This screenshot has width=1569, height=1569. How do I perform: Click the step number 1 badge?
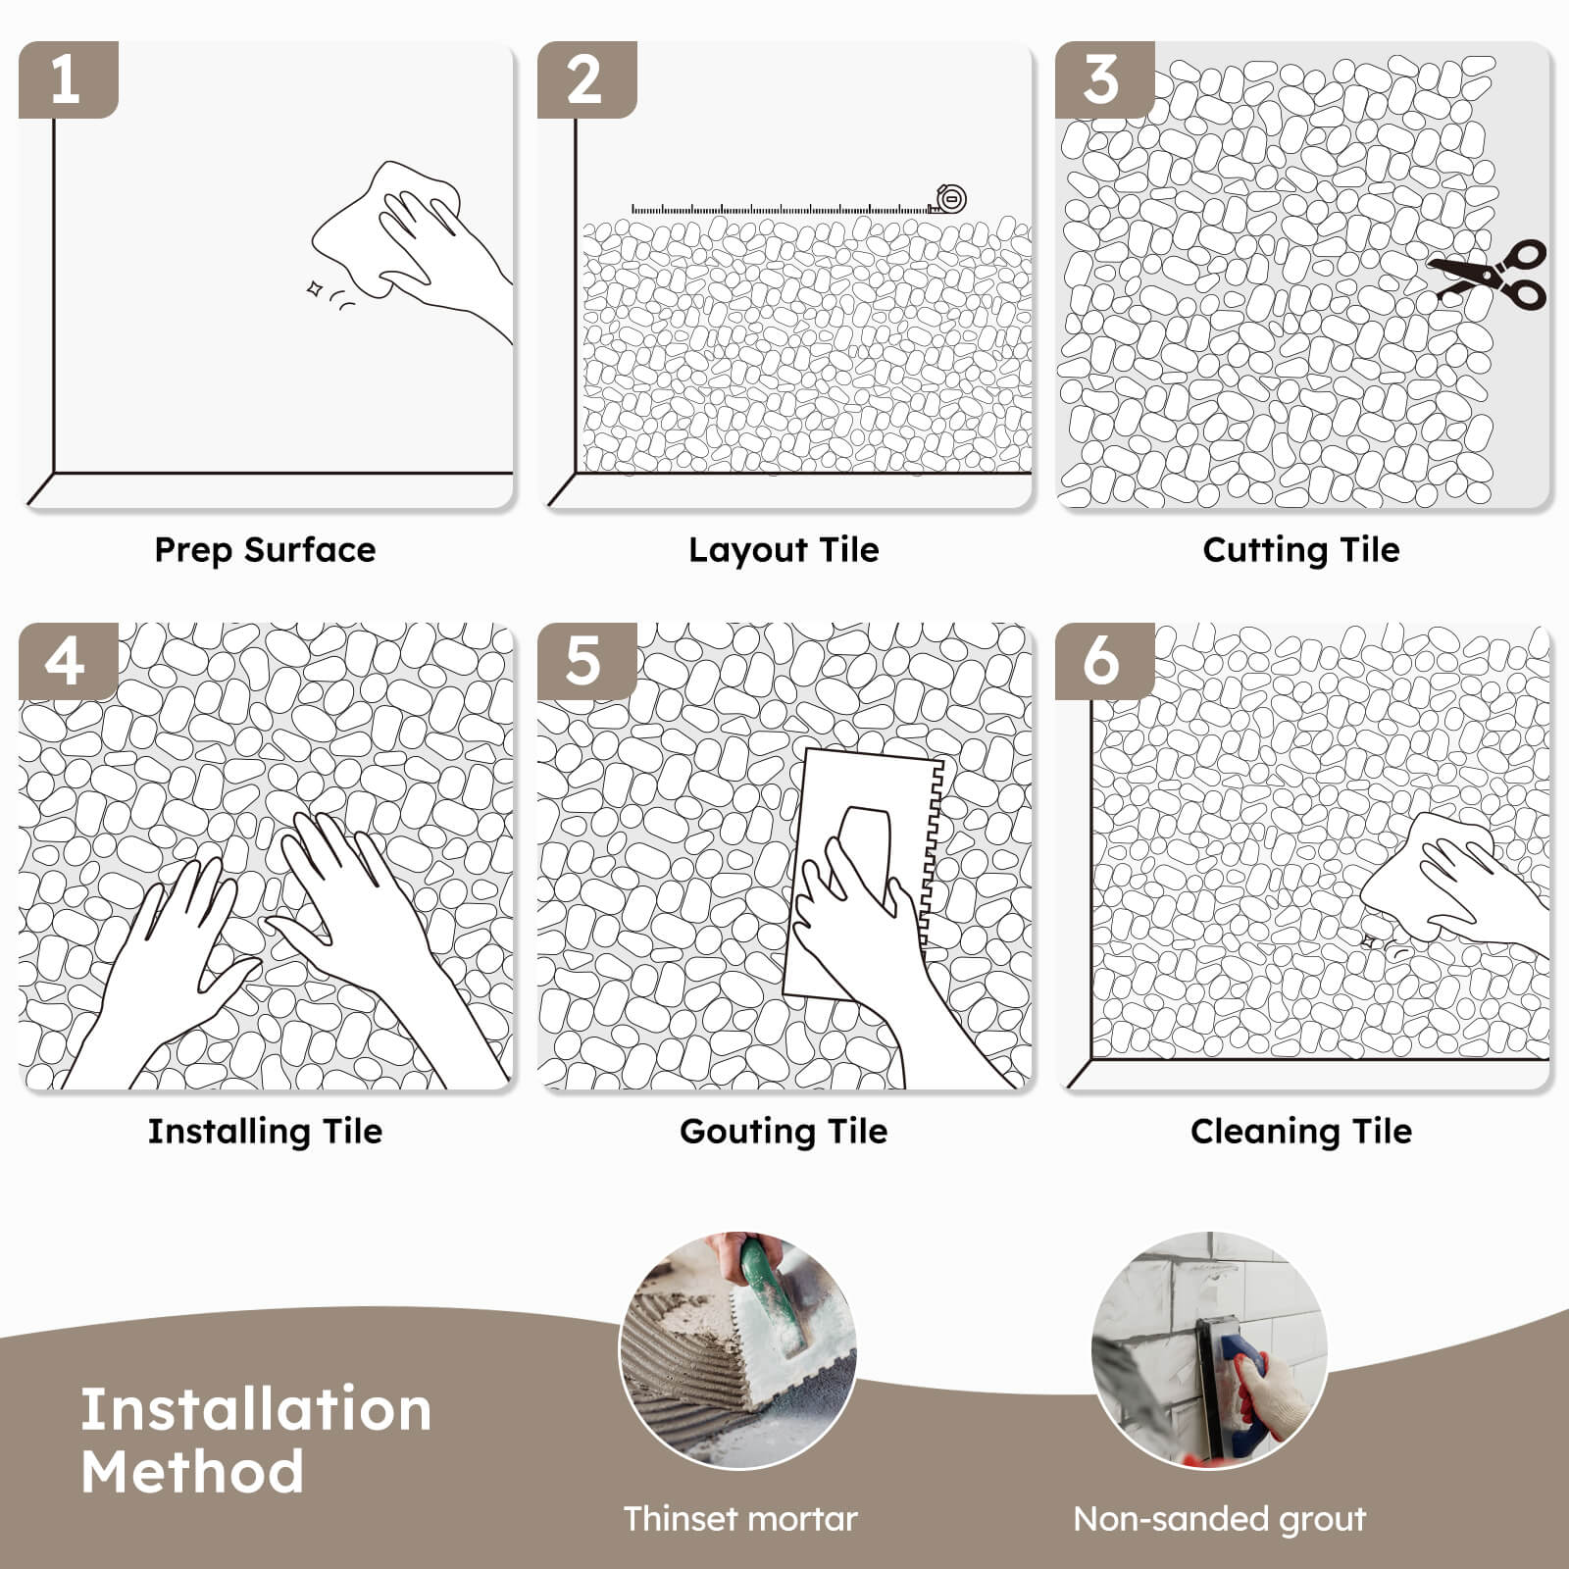[x=67, y=79]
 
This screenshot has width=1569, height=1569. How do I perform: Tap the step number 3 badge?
[x=1103, y=79]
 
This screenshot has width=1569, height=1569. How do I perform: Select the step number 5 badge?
[x=585, y=661]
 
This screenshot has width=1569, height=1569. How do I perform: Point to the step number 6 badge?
[x=1103, y=661]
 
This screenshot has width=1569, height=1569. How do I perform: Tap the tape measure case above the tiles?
[x=950, y=199]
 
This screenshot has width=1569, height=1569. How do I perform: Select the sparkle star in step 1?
[x=315, y=288]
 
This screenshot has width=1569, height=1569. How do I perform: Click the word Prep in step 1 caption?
[x=193, y=550]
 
